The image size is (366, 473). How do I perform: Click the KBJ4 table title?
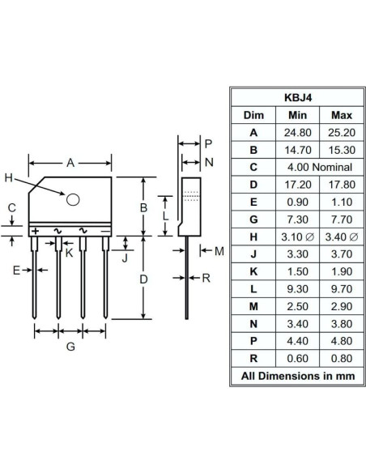(x=294, y=96)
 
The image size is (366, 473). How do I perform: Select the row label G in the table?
(x=253, y=219)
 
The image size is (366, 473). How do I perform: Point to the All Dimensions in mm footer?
(x=294, y=375)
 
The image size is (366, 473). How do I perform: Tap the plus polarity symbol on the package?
(x=35, y=231)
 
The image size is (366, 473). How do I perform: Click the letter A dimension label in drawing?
(x=70, y=163)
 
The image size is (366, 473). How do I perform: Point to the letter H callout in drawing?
(x=9, y=178)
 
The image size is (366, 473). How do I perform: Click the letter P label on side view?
(x=208, y=143)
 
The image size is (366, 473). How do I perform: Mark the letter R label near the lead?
(x=206, y=277)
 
